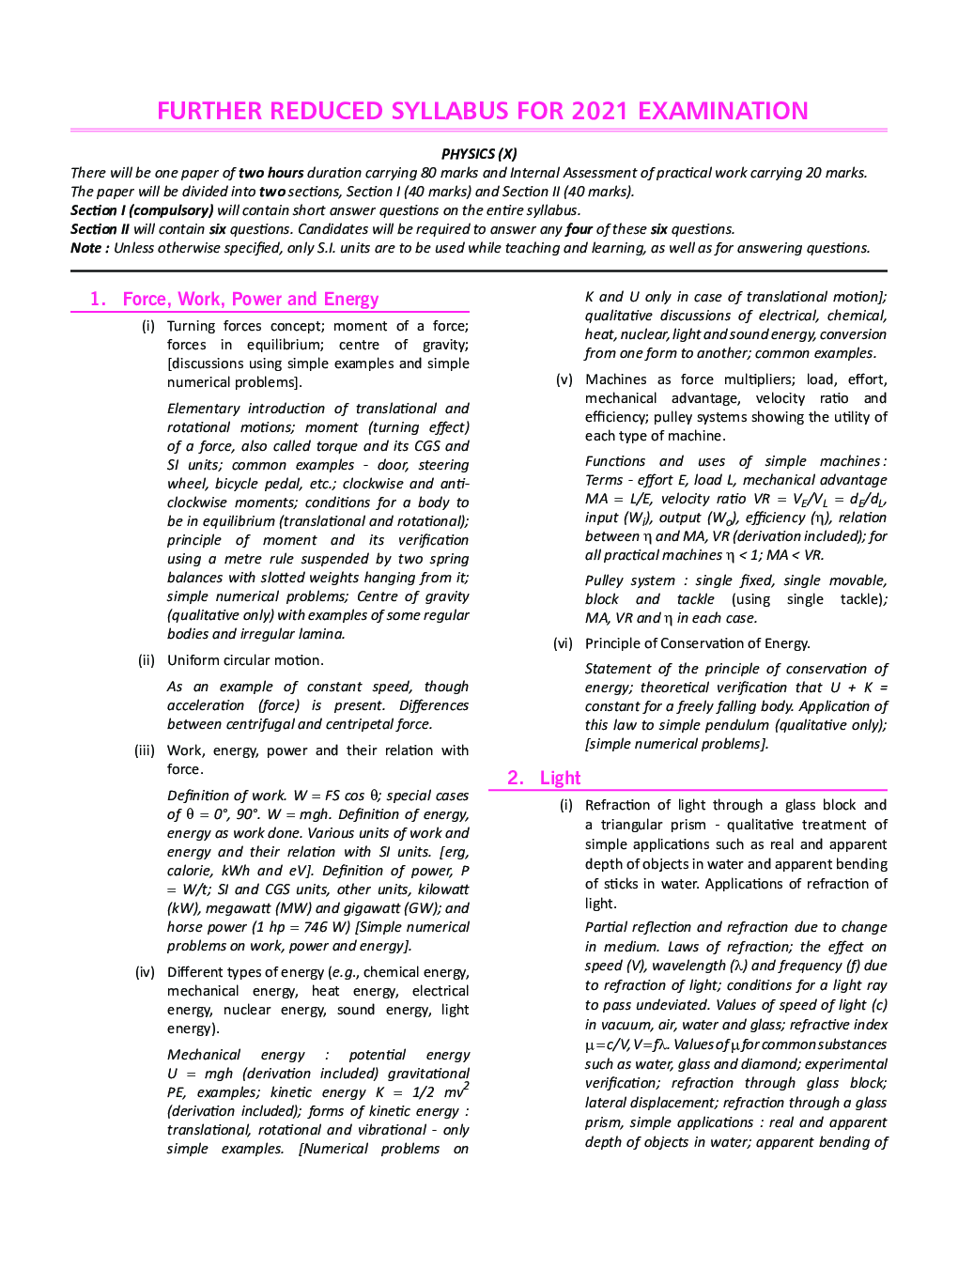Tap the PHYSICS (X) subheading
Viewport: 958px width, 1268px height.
479,154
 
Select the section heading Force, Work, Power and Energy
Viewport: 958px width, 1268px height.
251,299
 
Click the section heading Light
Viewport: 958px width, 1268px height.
560,778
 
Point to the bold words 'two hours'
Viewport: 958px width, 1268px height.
270,173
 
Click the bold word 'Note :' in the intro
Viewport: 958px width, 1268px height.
90,248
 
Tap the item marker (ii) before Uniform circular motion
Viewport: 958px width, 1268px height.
147,660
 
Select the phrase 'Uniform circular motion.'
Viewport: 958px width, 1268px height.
245,660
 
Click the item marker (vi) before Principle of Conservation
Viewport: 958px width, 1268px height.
563,643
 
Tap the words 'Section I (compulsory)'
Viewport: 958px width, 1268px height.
142,210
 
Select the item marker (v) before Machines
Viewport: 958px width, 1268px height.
564,379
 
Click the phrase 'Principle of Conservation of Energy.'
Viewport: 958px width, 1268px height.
697,643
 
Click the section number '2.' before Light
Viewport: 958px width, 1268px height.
516,778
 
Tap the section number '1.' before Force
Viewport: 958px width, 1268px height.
98,299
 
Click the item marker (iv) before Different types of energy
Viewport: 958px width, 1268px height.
145,972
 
